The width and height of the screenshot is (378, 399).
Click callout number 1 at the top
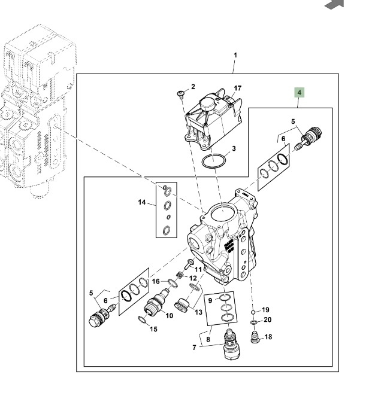pyautogui.click(x=235, y=55)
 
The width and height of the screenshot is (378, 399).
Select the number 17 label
pyautogui.click(x=237, y=88)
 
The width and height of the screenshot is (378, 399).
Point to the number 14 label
pyautogui.click(x=142, y=203)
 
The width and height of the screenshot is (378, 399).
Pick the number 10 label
pyautogui.click(x=170, y=315)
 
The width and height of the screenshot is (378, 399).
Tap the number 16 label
pyautogui.click(x=156, y=281)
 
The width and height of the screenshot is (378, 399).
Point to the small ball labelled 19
pyautogui.click(x=253, y=312)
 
